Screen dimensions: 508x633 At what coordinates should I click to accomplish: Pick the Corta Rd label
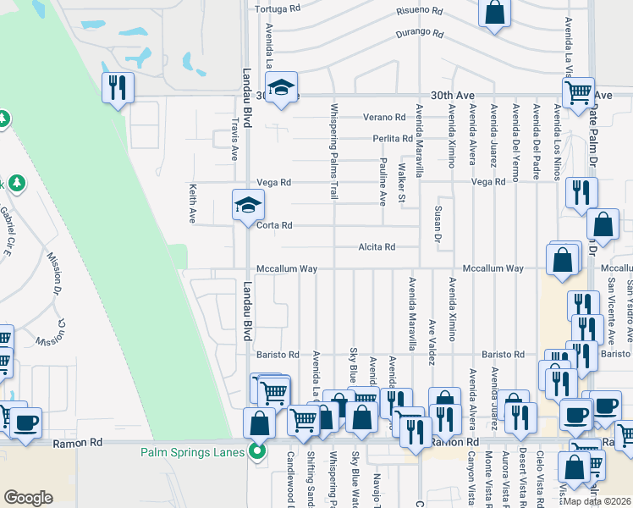point(275,226)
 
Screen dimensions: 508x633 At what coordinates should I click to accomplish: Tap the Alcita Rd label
point(377,247)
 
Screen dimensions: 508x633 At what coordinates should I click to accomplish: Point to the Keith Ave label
point(194,204)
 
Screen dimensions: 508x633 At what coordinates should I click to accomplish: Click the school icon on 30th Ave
point(281,87)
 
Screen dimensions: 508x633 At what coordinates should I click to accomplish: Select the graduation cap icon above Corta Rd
point(248,205)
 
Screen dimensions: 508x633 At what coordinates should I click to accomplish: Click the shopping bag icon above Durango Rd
point(495,14)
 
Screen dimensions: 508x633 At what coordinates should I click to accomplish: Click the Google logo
point(28,498)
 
